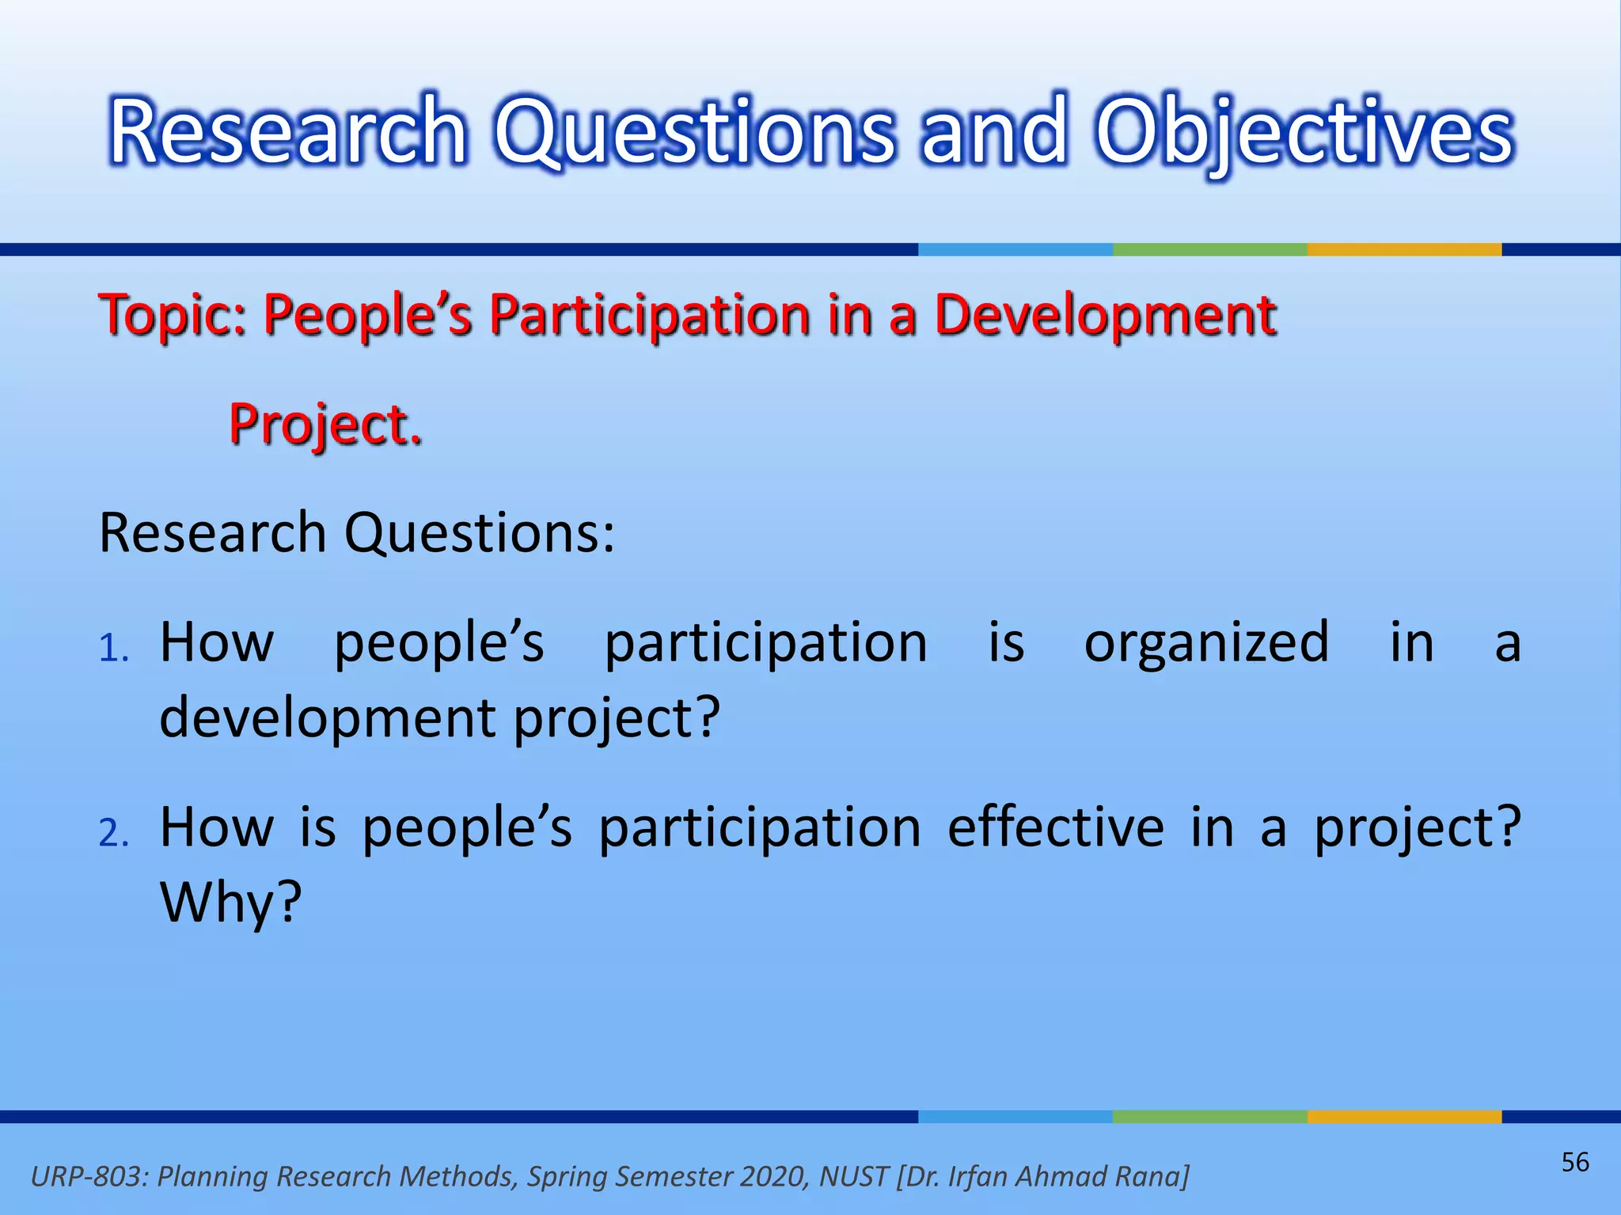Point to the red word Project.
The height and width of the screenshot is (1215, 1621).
[325, 425]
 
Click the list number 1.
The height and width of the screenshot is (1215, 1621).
[113, 649]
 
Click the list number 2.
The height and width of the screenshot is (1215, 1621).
[113, 834]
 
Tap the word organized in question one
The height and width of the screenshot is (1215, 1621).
[1206, 642]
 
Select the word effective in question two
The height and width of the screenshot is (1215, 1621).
[1055, 827]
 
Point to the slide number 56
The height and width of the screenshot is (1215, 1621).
[1574, 1162]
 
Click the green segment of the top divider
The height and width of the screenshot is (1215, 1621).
[1209, 249]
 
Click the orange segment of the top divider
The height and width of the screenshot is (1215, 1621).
[1403, 249]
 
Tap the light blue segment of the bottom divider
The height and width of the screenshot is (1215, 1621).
[1015, 1116]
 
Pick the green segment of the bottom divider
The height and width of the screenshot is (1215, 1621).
[1209, 1116]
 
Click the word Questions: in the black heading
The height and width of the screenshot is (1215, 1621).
[479, 533]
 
